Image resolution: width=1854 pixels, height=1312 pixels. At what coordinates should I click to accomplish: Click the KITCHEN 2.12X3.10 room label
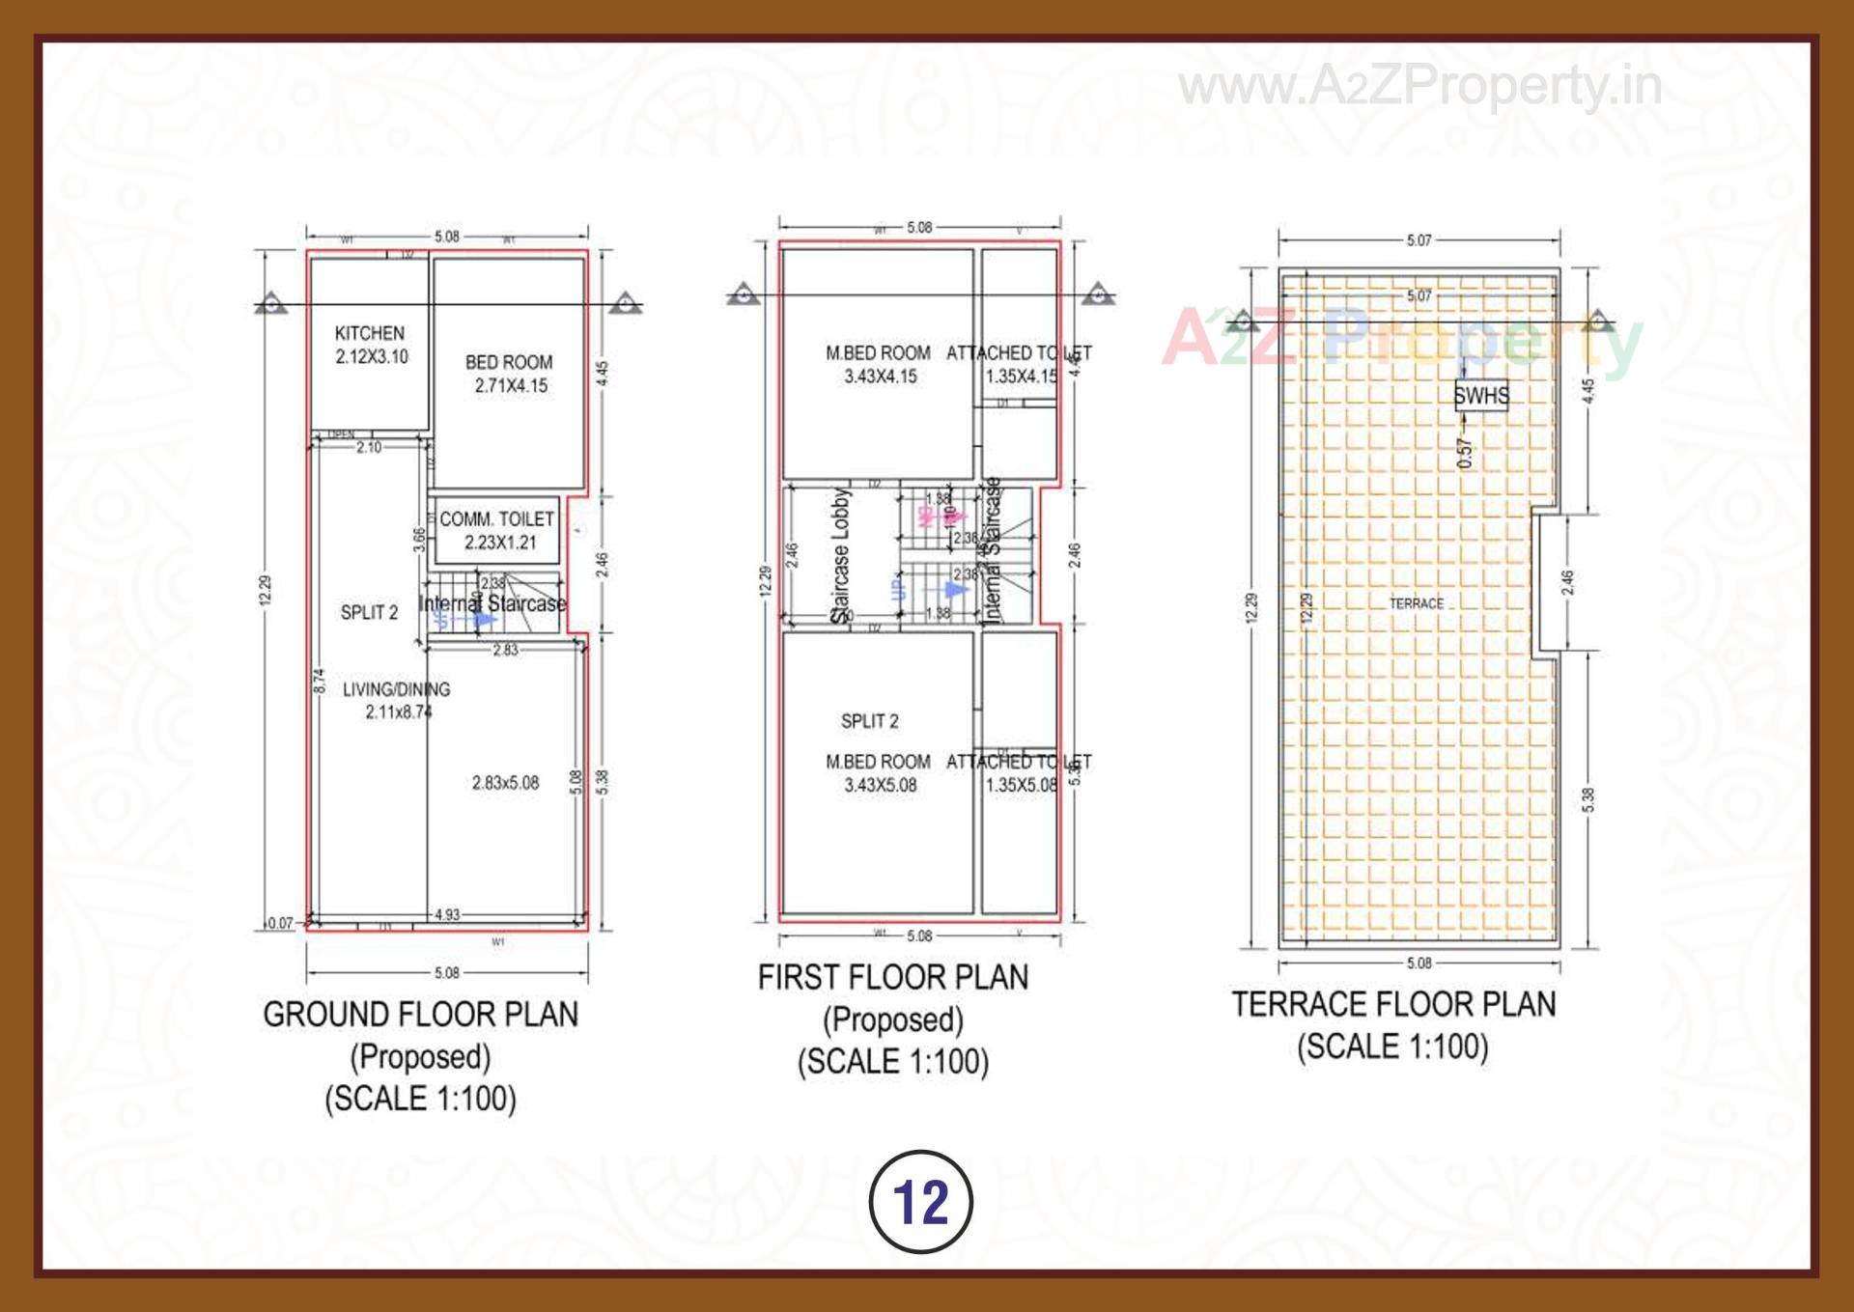[x=371, y=345]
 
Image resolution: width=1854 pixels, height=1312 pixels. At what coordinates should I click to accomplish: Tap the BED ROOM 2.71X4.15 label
[x=509, y=374]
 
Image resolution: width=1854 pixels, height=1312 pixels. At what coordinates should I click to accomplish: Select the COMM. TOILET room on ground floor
[x=496, y=530]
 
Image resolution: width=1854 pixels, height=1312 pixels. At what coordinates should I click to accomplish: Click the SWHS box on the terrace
[x=1480, y=395]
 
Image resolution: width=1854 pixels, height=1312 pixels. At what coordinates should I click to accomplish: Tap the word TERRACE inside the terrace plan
[x=1417, y=603]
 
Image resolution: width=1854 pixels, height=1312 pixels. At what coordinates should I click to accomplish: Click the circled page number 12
[x=921, y=1202]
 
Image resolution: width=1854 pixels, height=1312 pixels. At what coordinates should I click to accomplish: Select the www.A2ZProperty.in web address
[x=1419, y=87]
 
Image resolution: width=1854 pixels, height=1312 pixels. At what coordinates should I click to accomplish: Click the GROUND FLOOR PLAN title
[x=421, y=1015]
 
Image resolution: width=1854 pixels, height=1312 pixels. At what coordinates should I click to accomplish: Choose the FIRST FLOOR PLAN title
[x=893, y=978]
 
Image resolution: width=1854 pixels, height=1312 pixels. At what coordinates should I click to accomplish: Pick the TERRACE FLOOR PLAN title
[x=1393, y=1005]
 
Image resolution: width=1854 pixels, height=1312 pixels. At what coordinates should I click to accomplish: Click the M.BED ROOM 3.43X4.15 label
[x=879, y=365]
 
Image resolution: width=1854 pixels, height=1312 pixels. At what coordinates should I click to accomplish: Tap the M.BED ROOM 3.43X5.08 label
[x=879, y=773]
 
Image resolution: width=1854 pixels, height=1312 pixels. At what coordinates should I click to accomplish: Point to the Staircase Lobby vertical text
[x=840, y=554]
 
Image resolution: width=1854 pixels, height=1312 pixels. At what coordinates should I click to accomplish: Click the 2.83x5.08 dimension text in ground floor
[x=505, y=783]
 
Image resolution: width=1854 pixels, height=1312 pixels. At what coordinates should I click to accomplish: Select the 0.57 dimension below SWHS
[x=1465, y=453]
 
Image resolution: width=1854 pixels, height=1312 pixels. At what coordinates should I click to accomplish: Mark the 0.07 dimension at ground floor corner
[x=280, y=923]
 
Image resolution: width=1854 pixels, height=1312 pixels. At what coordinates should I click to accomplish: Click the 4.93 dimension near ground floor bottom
[x=447, y=914]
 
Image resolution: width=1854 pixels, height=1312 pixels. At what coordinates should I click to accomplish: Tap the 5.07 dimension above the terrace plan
[x=1419, y=239]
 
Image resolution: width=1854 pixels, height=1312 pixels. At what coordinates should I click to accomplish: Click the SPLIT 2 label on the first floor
[x=869, y=721]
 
